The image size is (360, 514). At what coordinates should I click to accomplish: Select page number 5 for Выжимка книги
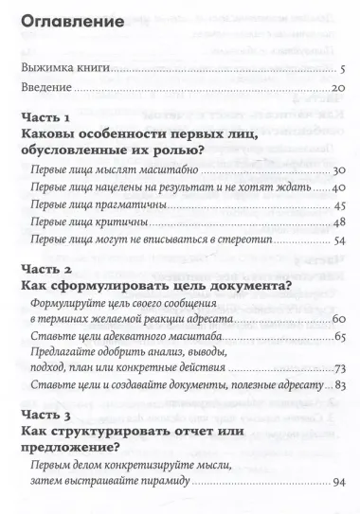[x=341, y=69]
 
